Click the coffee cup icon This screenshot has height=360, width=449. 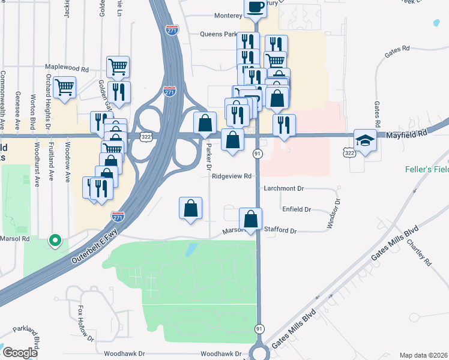pyautogui.click(x=255, y=7)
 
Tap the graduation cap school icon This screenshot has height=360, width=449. pyautogui.click(x=364, y=140)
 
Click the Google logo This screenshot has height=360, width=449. pyautogui.click(x=20, y=353)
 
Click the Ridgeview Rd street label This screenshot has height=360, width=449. pyautogui.click(x=231, y=176)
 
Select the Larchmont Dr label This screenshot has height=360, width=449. pyautogui.click(x=283, y=188)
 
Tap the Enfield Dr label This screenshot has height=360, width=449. pyautogui.click(x=296, y=209)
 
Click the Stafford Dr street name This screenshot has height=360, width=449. pyautogui.click(x=281, y=230)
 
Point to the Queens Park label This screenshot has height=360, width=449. pyautogui.click(x=218, y=34)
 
